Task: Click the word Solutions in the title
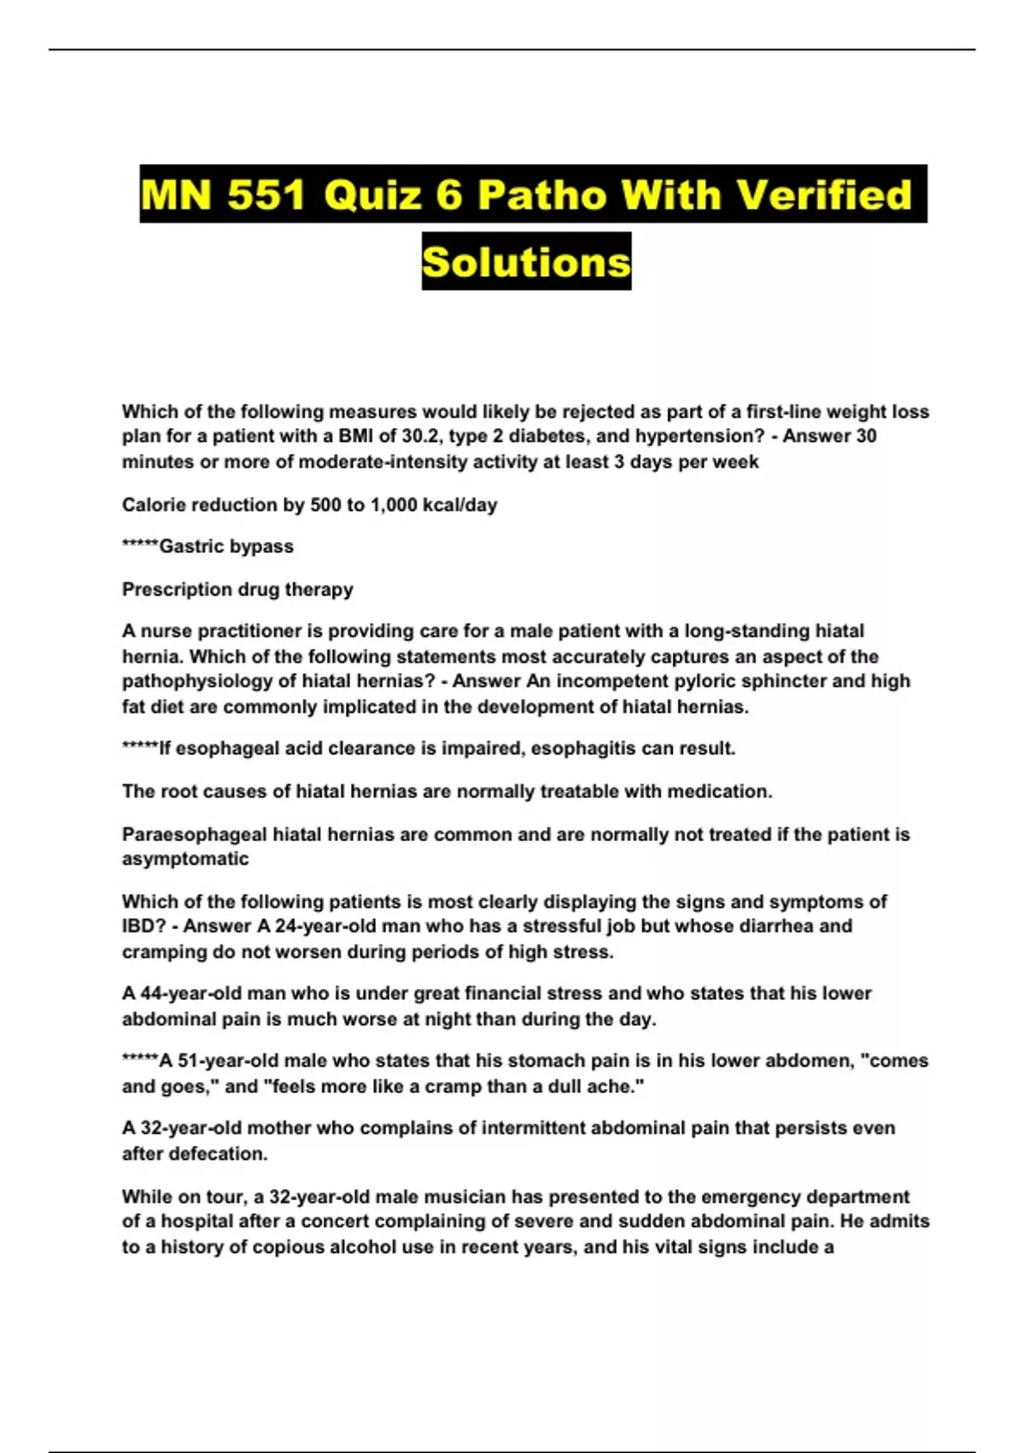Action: (526, 262)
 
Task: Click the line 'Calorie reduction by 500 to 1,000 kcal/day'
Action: (309, 504)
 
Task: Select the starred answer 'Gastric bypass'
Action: (225, 547)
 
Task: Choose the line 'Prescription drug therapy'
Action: (237, 590)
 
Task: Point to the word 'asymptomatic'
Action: (185, 859)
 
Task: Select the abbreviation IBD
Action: (139, 927)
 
